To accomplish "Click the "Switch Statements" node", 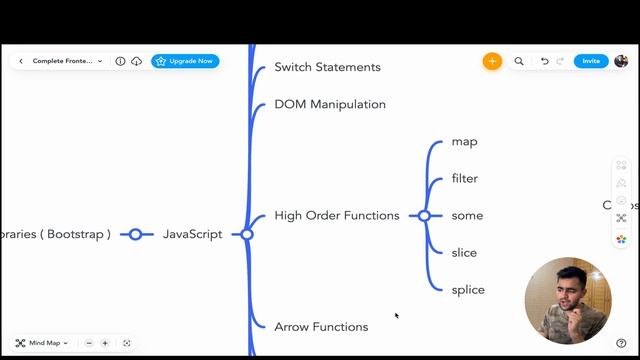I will tap(327, 67).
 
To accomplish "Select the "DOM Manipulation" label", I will tap(330, 104).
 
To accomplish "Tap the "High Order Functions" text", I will tap(337, 215).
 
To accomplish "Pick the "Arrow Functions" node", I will tap(321, 326).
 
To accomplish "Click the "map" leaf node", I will tap(464, 141).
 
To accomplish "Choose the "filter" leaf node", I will tap(465, 178).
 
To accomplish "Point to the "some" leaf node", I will tap(467, 215).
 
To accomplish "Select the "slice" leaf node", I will tap(465, 252).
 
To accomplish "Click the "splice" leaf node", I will tap(468, 289).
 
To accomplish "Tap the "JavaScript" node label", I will tap(193, 234).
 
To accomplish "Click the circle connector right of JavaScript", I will tap(247, 234).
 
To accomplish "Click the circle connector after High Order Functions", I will tap(424, 215).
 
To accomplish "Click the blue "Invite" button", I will tap(591, 61).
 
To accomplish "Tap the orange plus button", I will tap(492, 61).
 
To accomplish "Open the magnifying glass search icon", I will tap(519, 61).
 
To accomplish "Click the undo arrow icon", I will tap(545, 61).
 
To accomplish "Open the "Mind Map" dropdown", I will tap(43, 343).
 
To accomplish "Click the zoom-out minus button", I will tap(89, 343).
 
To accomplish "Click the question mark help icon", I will tap(621, 343).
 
